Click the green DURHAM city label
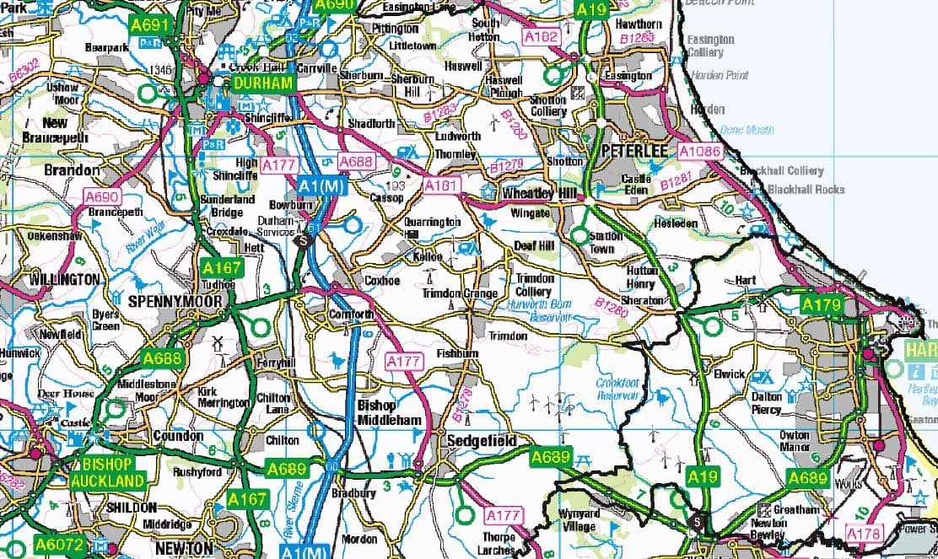click(263, 83)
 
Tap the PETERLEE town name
click(634, 151)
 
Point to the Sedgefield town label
click(477, 441)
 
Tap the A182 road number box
click(541, 37)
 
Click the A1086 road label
click(700, 151)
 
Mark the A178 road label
click(863, 534)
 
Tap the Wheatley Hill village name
click(541, 193)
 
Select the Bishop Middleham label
click(389, 412)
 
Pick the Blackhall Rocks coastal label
click(806, 190)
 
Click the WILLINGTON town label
click(64, 278)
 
